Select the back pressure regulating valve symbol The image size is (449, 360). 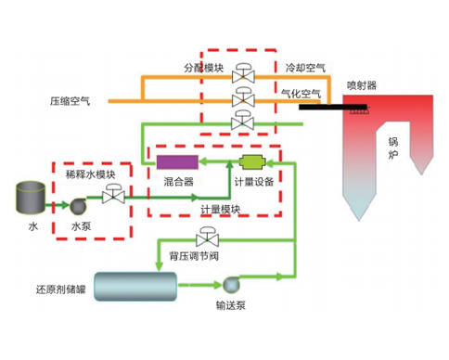click(x=204, y=237)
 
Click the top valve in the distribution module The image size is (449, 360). click(x=243, y=73)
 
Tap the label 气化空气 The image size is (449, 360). click(x=301, y=94)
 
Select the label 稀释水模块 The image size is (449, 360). click(x=90, y=174)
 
